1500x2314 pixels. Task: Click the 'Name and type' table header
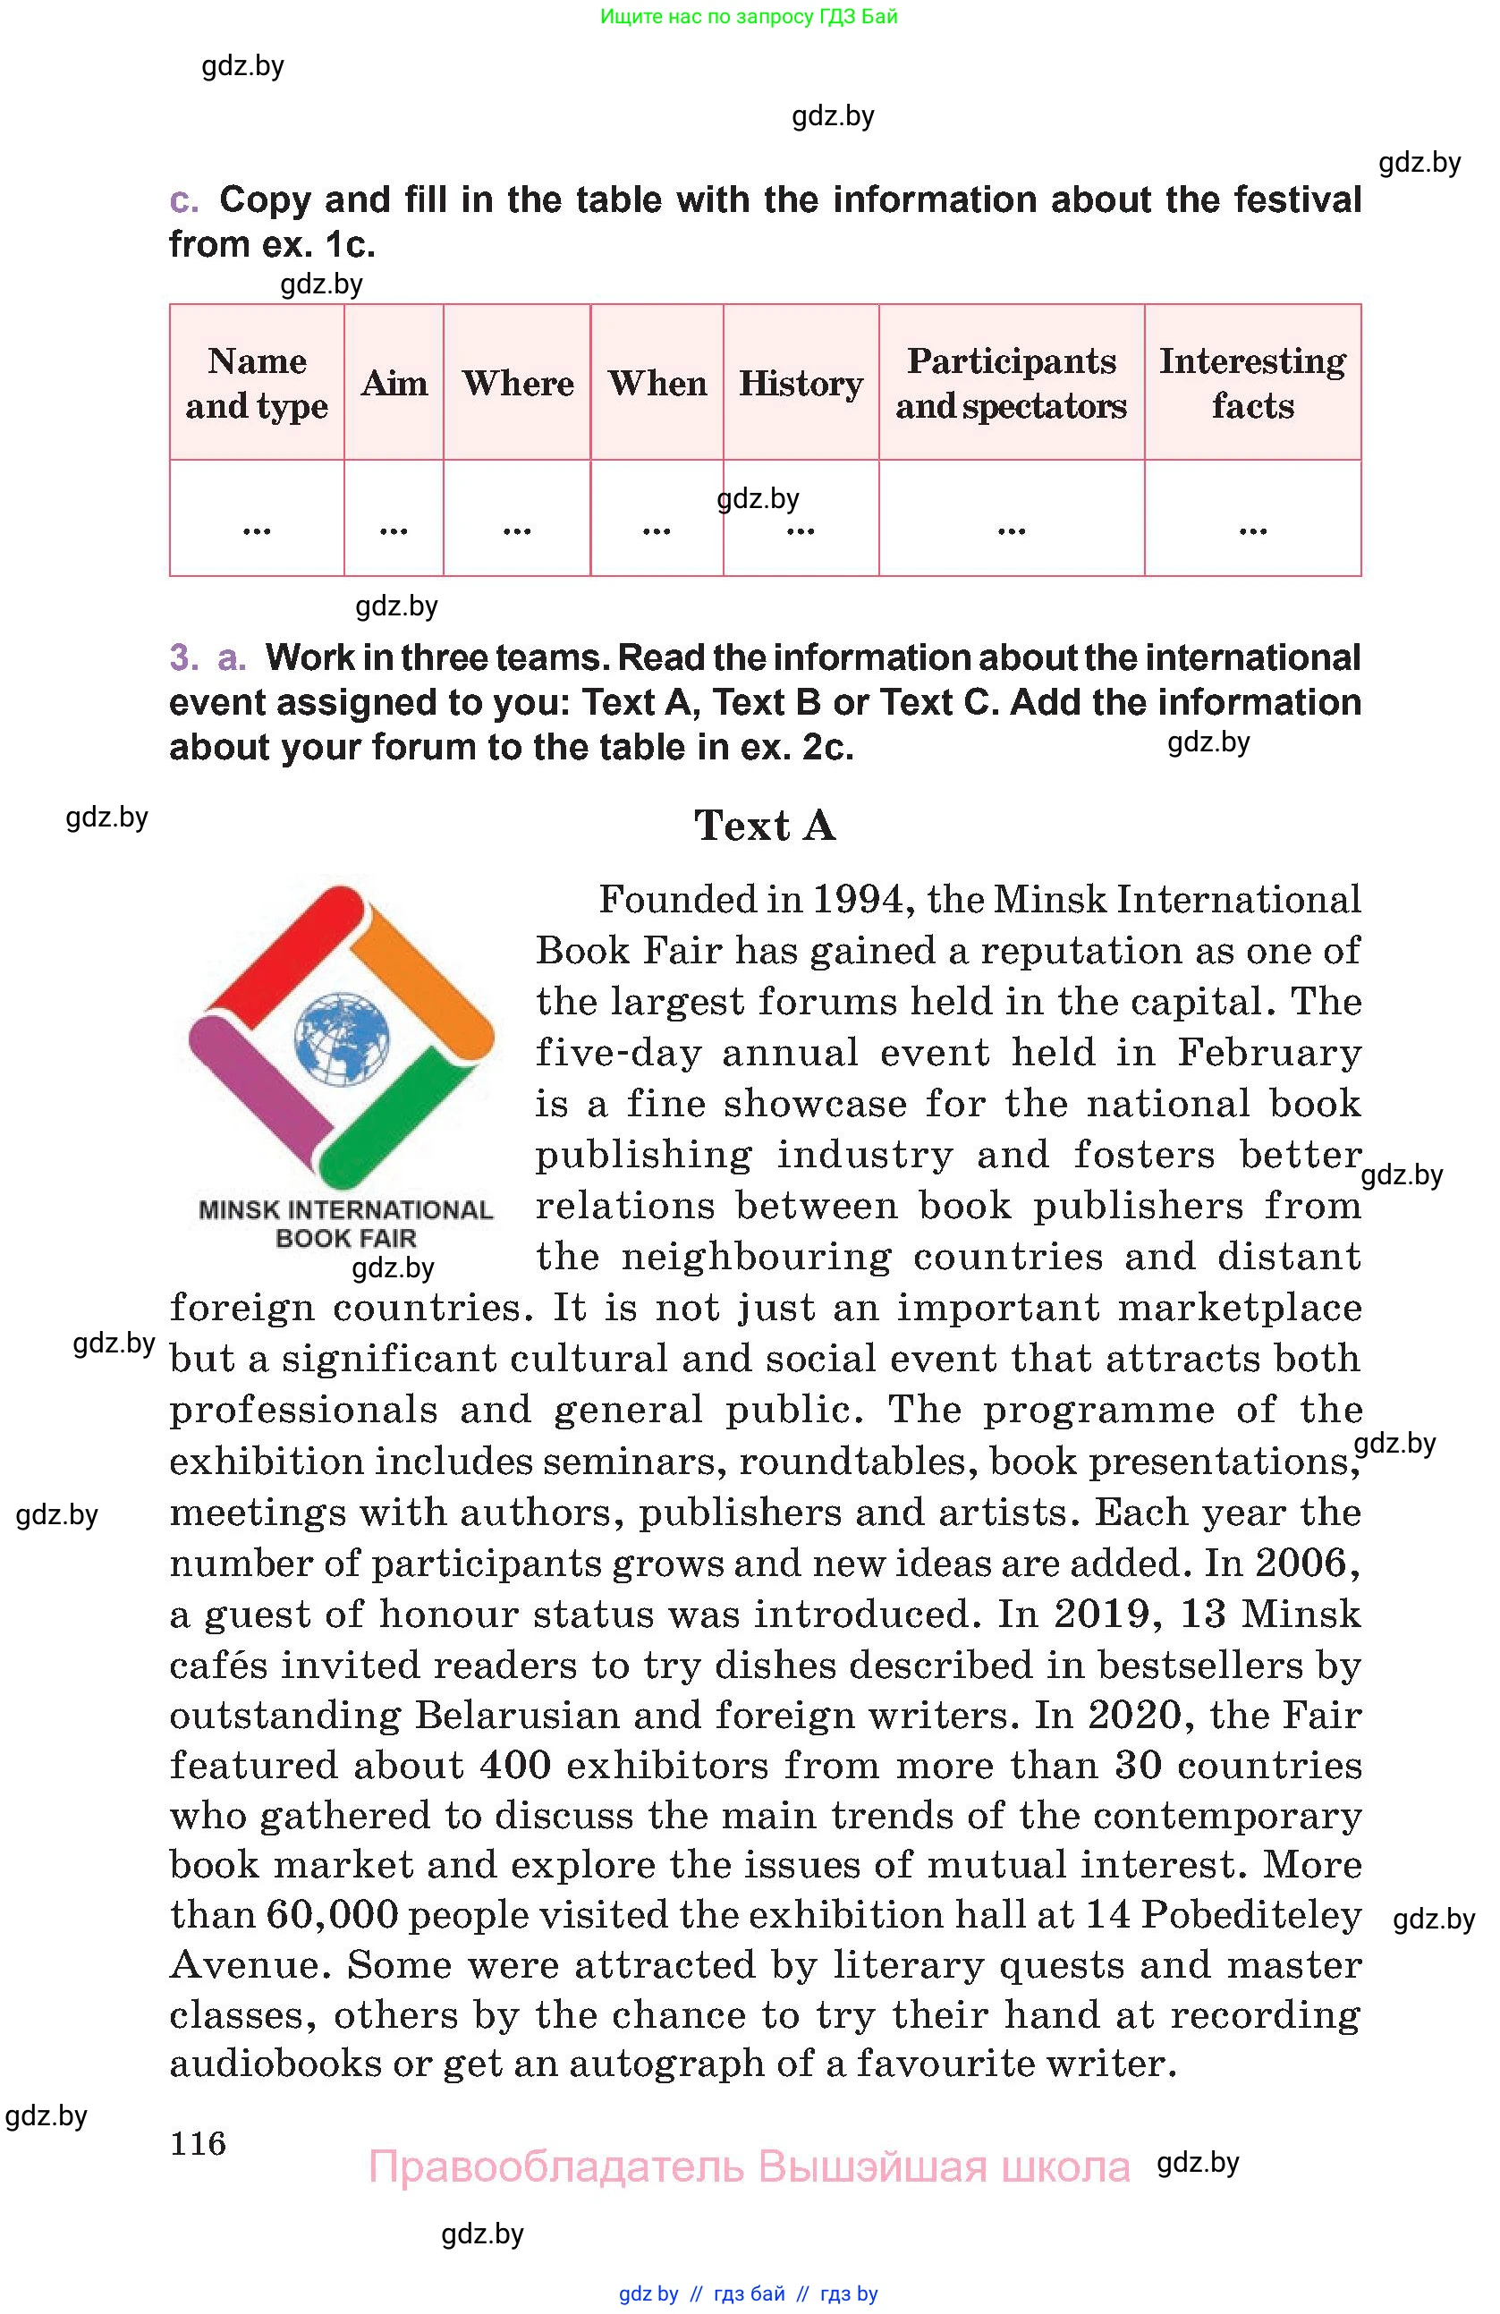point(257,383)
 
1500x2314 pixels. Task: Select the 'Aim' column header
point(394,383)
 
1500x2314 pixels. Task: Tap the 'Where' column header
point(517,383)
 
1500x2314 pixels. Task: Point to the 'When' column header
point(657,383)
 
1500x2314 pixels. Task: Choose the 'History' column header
point(801,383)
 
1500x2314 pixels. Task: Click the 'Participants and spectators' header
point(1011,383)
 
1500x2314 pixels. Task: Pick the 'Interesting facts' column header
point(1252,383)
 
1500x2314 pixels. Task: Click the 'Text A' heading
point(765,826)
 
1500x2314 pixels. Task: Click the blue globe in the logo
point(341,1038)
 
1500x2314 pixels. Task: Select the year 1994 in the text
point(859,899)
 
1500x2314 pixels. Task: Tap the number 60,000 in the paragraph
point(332,1914)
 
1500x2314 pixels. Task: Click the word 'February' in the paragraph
point(1268,1052)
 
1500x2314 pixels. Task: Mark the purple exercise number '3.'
point(183,658)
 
